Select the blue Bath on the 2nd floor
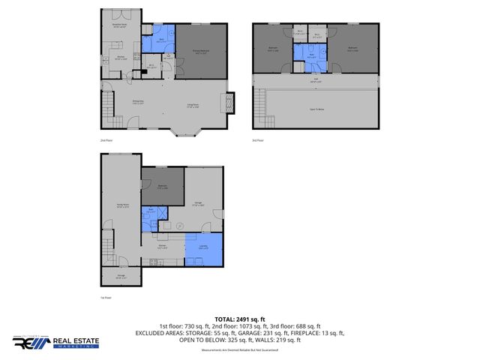tap(161, 40)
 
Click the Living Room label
tap(192, 105)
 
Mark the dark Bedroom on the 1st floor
tap(162, 187)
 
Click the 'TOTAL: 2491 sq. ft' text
tap(239, 319)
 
